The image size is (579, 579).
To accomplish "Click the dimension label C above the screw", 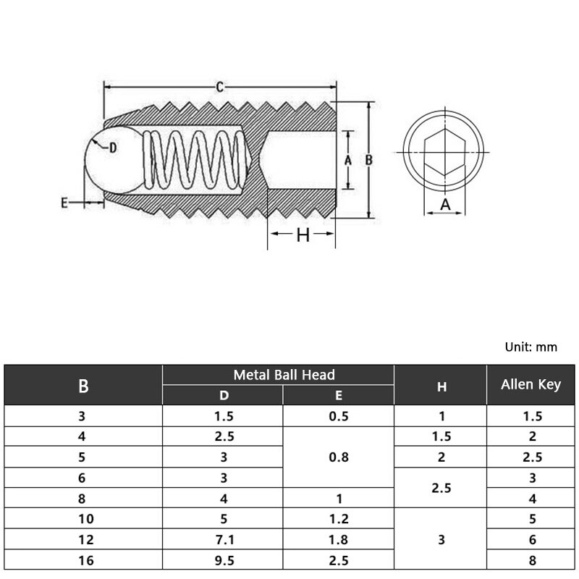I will pos(219,88).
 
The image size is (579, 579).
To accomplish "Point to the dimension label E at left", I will pos(64,204).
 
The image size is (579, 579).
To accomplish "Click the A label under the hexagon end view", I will pos(446,205).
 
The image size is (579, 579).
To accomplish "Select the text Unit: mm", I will pos(531,347).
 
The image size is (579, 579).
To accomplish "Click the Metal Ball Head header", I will pos(284,375).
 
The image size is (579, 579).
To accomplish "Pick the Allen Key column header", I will pos(531,384).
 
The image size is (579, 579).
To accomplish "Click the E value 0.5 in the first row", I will pos(338,416).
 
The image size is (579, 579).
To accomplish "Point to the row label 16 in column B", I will pos(83,559).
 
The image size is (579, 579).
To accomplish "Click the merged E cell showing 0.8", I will pos(338,457).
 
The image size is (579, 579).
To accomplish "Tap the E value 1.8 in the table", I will pos(338,539).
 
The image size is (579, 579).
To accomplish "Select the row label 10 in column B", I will pos(83,518).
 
